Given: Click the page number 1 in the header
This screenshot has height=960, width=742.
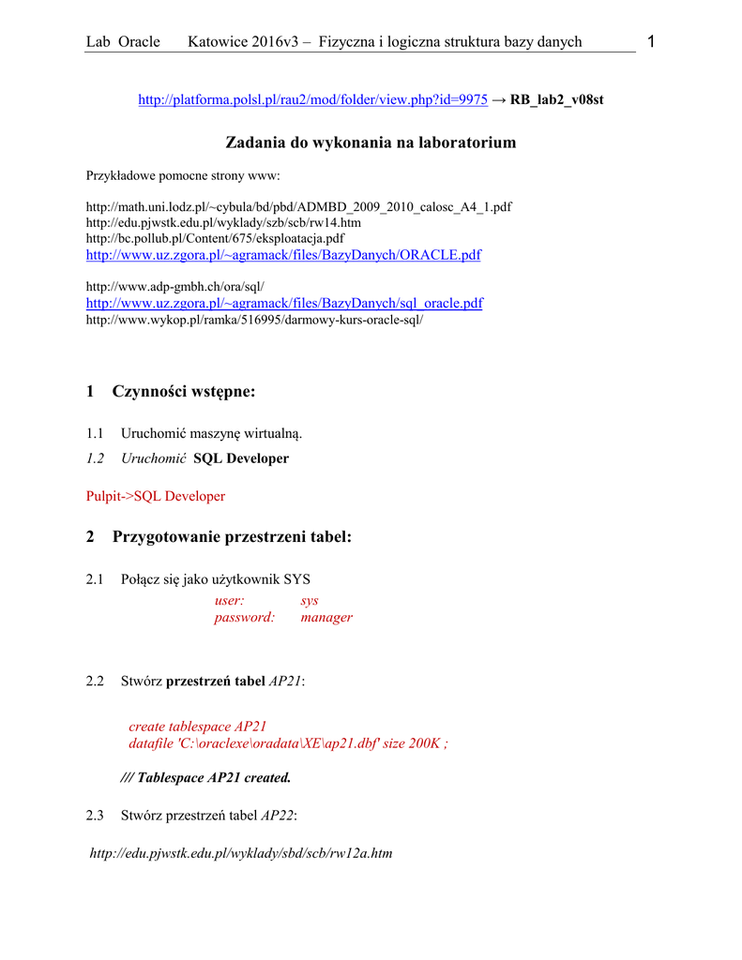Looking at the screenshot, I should pos(651,41).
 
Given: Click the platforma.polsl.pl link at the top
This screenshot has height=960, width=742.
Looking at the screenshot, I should pos(312,99).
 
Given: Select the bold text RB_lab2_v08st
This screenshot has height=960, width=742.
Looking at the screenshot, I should pos(556,99).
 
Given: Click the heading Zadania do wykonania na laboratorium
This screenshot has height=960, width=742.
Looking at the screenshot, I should pos(371,142).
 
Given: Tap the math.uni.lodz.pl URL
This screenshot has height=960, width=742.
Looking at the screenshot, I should pos(298,206).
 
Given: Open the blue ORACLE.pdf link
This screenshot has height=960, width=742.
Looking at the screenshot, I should pos(283,255).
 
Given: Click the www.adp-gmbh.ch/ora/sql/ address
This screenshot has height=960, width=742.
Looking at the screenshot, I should pos(174,286).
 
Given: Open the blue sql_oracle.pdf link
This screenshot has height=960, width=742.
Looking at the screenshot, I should pos(284,303).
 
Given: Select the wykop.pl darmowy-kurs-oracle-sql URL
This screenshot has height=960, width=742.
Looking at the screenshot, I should pos(254,320).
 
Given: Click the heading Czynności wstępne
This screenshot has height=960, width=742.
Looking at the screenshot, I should pos(184,391).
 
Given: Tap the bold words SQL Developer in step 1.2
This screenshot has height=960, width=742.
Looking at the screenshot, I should pos(241,458).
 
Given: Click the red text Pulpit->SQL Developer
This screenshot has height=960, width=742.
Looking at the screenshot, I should pos(156,496).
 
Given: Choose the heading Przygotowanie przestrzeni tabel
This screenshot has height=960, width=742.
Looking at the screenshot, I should pos(232,537).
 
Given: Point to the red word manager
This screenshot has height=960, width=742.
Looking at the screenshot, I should pos(326,617).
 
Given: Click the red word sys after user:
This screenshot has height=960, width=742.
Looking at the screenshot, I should pos(310,600).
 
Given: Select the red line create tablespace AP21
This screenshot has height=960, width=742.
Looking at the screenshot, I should pos(198,727).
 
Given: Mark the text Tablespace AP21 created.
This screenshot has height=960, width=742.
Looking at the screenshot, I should pos(214,777).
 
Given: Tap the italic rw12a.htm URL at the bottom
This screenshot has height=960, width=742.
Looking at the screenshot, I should pos(241,853).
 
